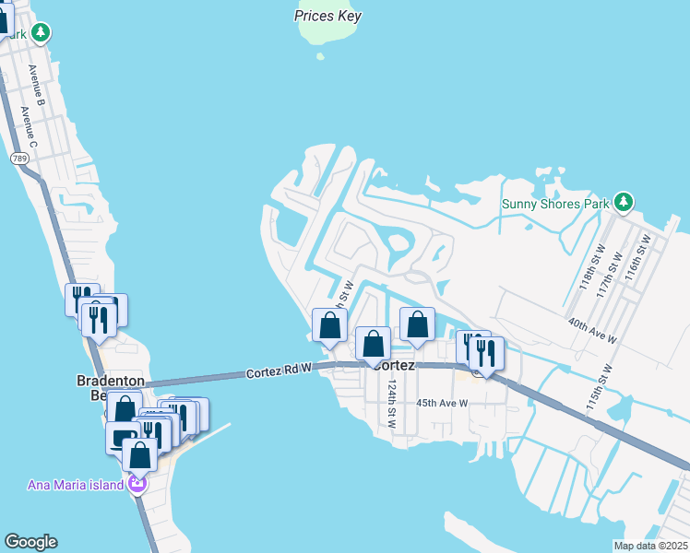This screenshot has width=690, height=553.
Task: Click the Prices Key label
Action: (x=327, y=16)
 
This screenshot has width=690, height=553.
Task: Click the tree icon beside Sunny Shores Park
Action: (x=625, y=202)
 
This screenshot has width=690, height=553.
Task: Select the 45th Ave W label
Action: (x=442, y=403)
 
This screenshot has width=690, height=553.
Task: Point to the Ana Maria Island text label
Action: (x=76, y=486)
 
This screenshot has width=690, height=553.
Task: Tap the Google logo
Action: (x=30, y=542)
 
